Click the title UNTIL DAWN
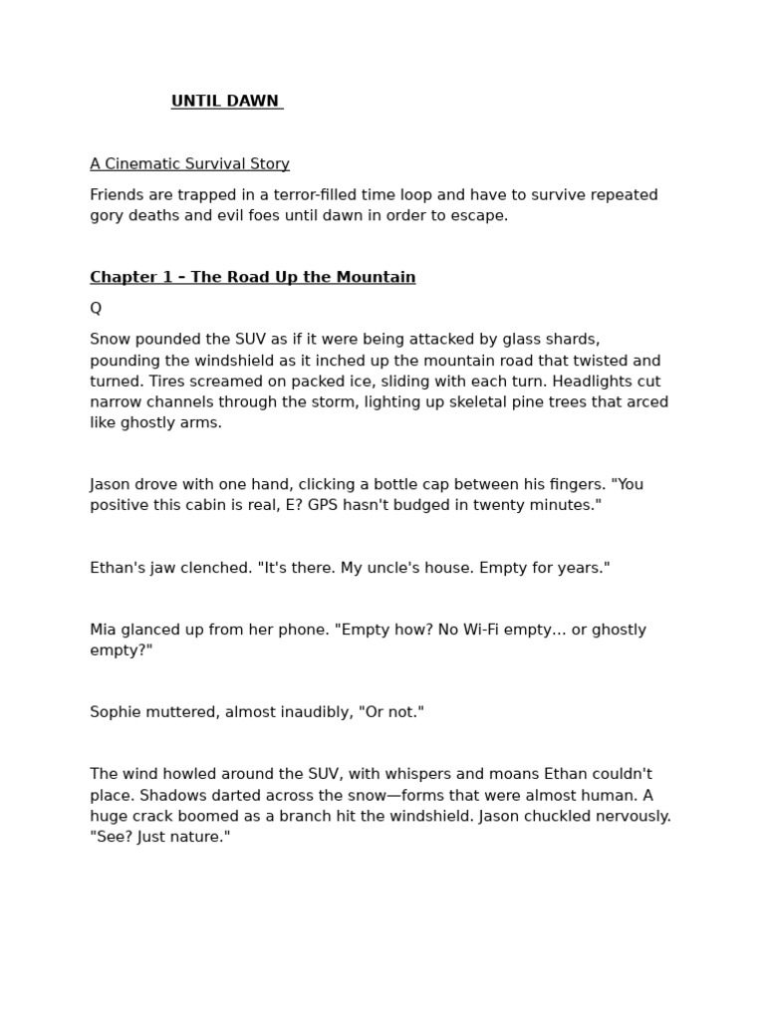(x=226, y=102)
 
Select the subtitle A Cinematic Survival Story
(x=189, y=164)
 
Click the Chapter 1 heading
(x=252, y=278)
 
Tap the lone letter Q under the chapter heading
(x=96, y=309)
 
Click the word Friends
(x=118, y=195)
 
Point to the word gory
(x=107, y=216)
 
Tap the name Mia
(x=104, y=630)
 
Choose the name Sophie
(x=116, y=712)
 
